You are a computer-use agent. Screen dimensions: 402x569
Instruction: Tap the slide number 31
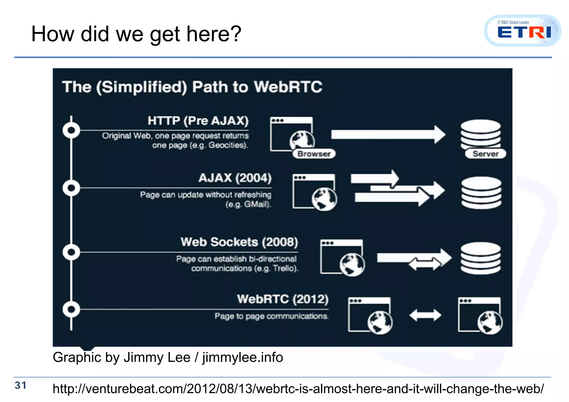click(x=21, y=385)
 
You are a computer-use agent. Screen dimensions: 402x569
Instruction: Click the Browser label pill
click(x=314, y=154)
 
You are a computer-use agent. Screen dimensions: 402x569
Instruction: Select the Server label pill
click(x=485, y=154)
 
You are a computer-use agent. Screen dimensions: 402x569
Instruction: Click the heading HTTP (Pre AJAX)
click(x=198, y=121)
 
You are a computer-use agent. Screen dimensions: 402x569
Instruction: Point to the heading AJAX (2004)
click(x=235, y=178)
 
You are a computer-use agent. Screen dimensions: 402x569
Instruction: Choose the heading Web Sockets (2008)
click(x=239, y=242)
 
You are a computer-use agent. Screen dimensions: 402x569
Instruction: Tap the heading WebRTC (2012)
click(x=283, y=299)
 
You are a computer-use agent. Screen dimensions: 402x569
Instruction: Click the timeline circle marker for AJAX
click(x=71, y=188)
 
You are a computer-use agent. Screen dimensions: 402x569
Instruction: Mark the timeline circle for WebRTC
click(x=71, y=309)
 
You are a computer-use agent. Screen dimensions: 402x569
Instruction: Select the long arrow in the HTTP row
click(x=388, y=135)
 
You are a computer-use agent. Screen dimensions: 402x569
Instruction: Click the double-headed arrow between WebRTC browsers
click(x=425, y=315)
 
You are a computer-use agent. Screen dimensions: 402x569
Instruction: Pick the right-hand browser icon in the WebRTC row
click(x=480, y=315)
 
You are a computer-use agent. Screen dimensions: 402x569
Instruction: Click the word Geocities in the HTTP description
click(x=227, y=145)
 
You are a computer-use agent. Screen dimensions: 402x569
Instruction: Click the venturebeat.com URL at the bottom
click(x=298, y=389)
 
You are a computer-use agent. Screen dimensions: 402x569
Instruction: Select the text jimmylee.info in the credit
click(x=243, y=357)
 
